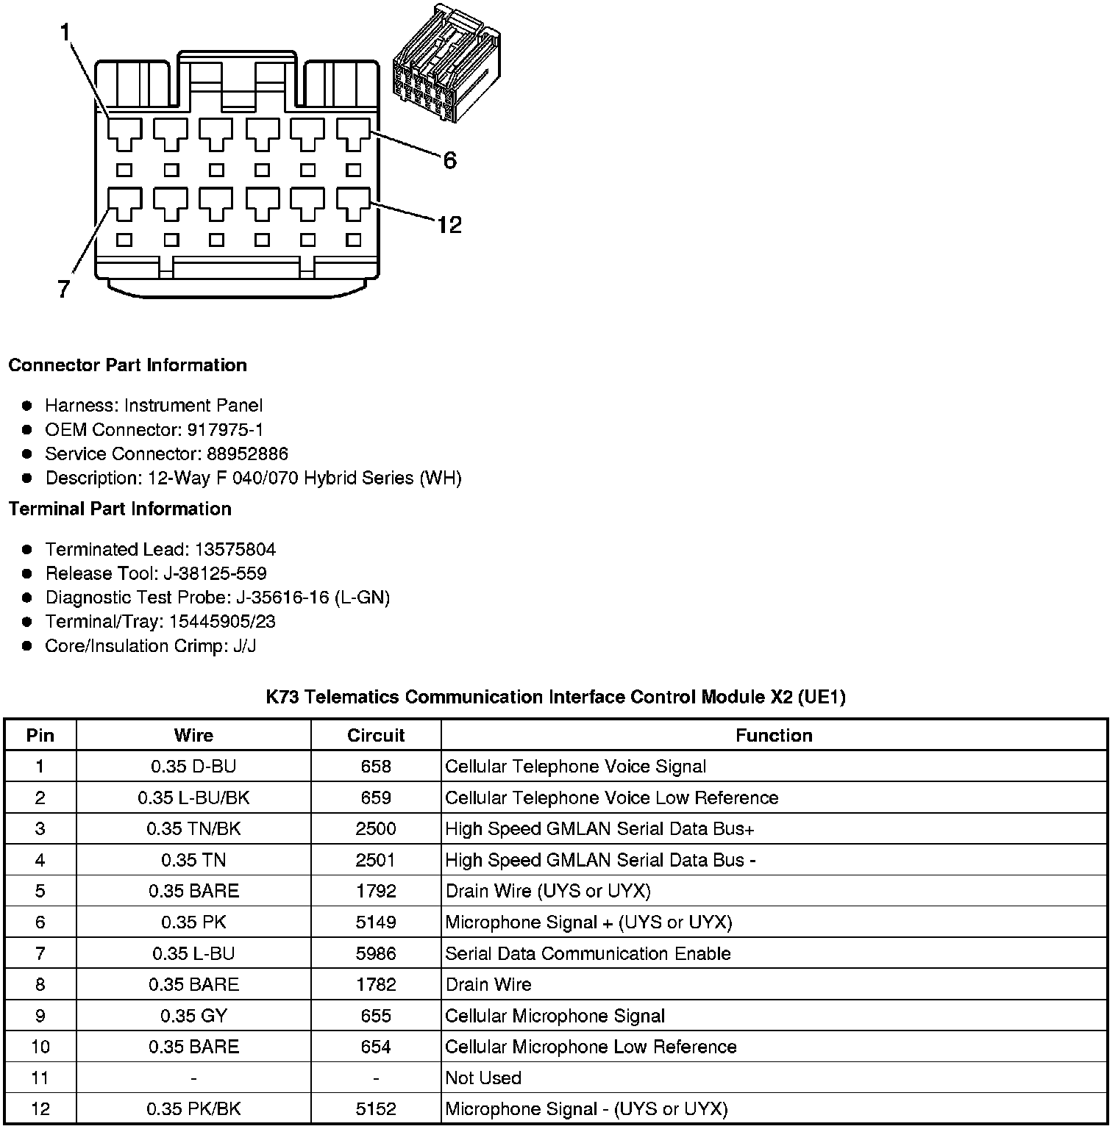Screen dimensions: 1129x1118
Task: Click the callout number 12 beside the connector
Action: pos(449,224)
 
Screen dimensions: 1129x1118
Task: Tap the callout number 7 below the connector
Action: pos(64,290)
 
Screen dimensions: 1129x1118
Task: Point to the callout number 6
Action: pos(449,160)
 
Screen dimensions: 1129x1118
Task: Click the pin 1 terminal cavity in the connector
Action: pos(125,134)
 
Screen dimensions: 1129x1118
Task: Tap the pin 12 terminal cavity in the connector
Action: pos(354,203)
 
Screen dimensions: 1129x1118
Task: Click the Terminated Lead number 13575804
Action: pos(235,550)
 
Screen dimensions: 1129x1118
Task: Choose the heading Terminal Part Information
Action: pos(120,509)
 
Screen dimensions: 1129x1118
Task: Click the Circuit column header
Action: pos(376,735)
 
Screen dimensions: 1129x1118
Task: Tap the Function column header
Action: pos(774,735)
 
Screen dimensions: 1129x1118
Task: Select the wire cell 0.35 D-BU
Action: pos(193,767)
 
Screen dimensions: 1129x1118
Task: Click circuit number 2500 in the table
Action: pos(376,829)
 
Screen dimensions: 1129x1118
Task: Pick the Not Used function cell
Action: pos(483,1078)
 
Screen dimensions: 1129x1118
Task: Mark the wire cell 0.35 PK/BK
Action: pos(193,1109)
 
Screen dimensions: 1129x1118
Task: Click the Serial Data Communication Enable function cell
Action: pos(588,954)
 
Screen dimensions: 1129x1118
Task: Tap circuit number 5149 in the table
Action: pos(376,922)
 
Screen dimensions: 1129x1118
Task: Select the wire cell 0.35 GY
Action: pos(193,1016)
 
